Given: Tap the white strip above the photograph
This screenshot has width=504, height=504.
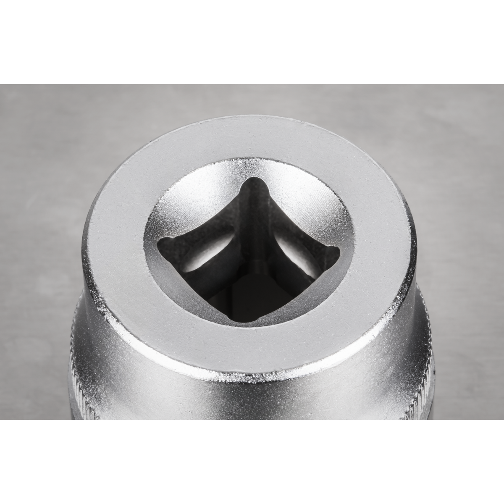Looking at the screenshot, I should click(x=252, y=42).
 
